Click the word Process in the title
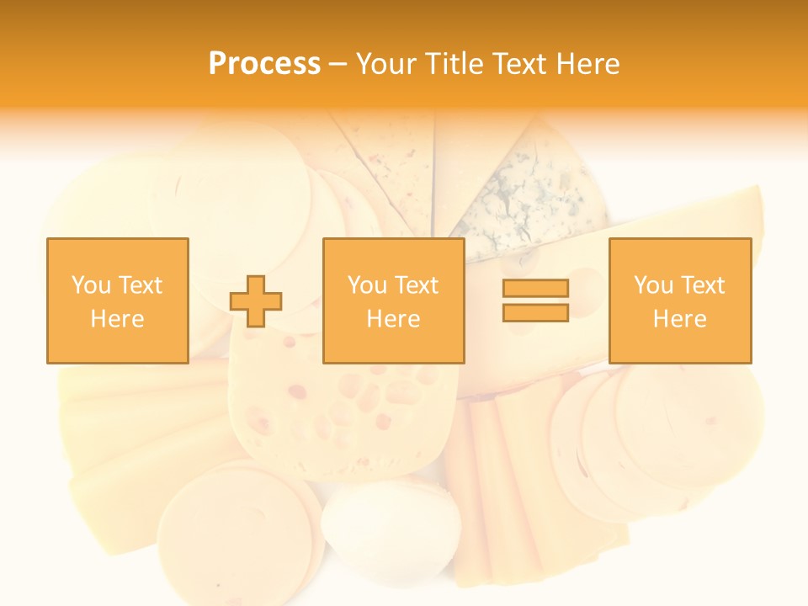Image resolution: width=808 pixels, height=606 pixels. tap(264, 64)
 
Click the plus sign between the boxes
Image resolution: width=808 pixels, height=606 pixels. tap(256, 301)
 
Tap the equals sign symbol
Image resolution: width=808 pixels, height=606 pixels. tap(535, 300)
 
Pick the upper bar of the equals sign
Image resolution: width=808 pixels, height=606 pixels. tap(535, 289)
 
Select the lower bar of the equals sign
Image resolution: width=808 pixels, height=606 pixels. tap(535, 312)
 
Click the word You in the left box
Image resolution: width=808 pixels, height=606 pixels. tap(89, 285)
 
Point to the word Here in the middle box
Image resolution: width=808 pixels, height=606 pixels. tap(393, 319)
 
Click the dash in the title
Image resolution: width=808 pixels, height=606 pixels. tap(338, 64)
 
